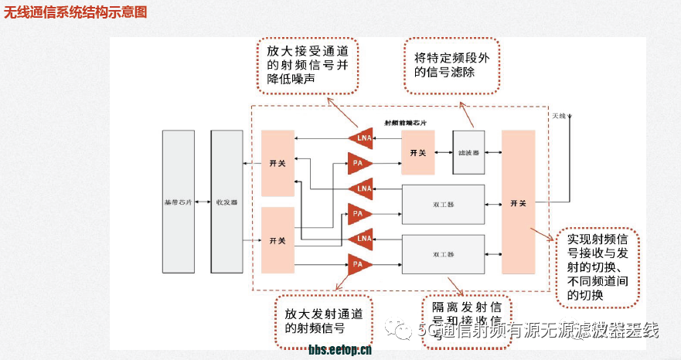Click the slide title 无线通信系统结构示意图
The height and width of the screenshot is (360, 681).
[x=74, y=13]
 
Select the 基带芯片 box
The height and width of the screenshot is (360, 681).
[x=178, y=202]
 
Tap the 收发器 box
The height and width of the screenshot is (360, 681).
[x=226, y=202]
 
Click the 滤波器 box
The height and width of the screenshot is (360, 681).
[x=468, y=152]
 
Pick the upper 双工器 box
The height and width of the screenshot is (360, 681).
[x=443, y=204]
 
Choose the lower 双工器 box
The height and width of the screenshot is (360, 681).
[x=443, y=253]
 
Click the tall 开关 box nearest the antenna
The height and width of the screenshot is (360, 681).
[x=518, y=202]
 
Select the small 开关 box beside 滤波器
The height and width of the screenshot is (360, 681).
[x=417, y=152]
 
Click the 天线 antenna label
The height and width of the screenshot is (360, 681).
[x=559, y=116]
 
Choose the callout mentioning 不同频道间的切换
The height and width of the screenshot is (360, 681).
[x=597, y=266]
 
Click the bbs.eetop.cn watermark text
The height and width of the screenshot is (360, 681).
[x=340, y=350]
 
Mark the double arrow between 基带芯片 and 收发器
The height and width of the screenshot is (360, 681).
[x=203, y=202]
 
